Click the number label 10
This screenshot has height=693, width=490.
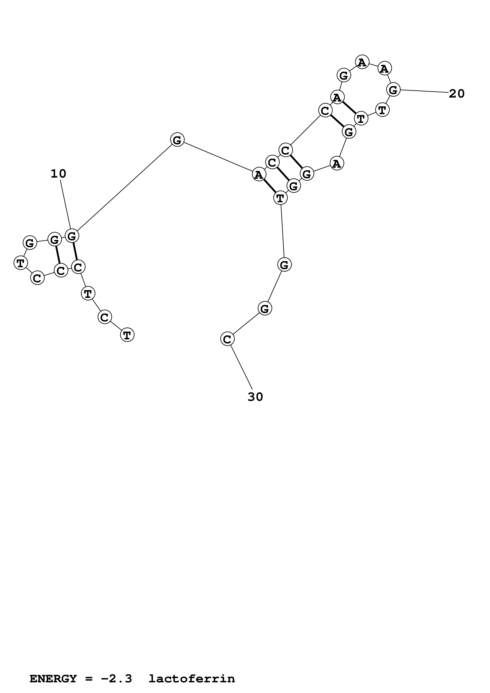pos(58,174)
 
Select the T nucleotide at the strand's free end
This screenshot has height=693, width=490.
pos(127,335)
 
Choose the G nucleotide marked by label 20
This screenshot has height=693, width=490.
pos(393,90)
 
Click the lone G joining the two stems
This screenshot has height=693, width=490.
pos(177,140)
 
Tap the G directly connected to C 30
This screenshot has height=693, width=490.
pos(265,308)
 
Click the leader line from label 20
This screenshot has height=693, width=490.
pos(424,91)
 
